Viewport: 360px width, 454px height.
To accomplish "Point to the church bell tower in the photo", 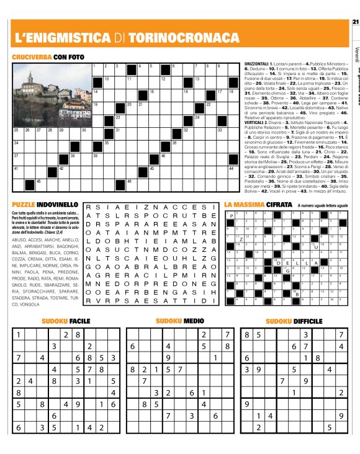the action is point(30,78).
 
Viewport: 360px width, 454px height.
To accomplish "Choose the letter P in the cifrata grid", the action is point(232,216).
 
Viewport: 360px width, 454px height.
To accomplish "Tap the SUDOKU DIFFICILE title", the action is point(294,321).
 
